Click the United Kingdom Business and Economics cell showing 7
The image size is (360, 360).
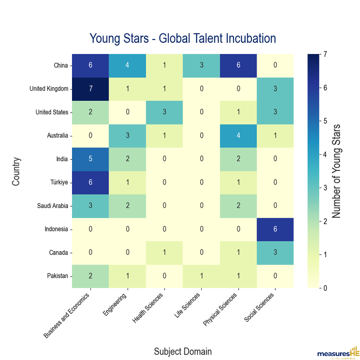click(x=90, y=89)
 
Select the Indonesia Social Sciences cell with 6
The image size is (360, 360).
click(x=276, y=229)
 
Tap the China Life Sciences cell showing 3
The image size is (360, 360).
click(x=201, y=65)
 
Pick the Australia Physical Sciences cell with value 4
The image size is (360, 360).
click(x=238, y=135)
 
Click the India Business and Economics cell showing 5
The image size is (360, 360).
click(x=90, y=159)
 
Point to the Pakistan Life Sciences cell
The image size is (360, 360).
click(x=201, y=276)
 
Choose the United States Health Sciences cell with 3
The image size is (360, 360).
click(x=164, y=112)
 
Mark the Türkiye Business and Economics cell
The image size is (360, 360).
click(x=90, y=182)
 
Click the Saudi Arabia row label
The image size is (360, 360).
click(x=53, y=206)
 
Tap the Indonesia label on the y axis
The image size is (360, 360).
click(x=56, y=229)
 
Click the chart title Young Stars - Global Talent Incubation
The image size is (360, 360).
click(x=183, y=37)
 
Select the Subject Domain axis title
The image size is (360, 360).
click(x=183, y=351)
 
